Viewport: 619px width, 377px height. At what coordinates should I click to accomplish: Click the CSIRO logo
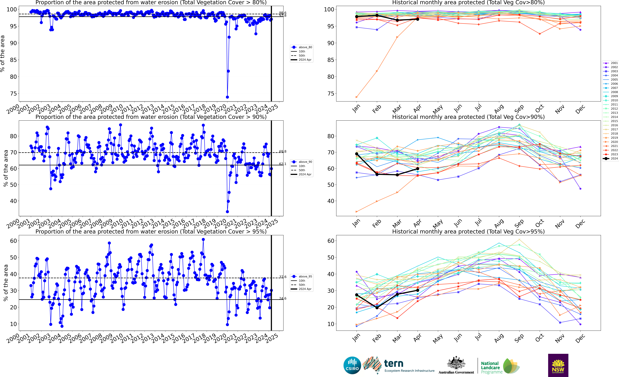coord(352,365)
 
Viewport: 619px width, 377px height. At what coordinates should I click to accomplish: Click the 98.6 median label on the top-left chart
coord(282,13)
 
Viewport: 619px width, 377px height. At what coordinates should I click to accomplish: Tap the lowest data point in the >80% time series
coord(227,97)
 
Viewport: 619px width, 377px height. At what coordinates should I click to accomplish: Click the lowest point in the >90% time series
coord(227,212)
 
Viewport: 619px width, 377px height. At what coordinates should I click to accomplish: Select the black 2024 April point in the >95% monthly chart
coord(418,290)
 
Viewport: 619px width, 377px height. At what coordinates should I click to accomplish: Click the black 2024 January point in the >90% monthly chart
coord(356,154)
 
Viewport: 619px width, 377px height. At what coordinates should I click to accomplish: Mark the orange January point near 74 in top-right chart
coord(356,97)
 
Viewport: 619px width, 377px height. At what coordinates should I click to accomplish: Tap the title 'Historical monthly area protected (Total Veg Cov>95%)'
coord(468,231)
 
